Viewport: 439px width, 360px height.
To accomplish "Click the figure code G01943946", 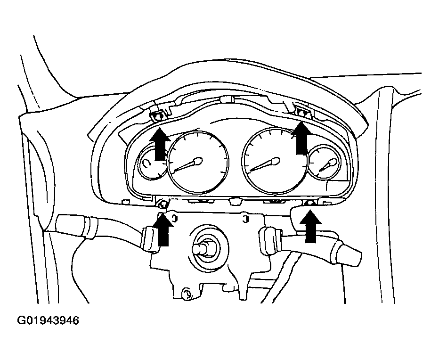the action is pyautogui.click(x=48, y=320).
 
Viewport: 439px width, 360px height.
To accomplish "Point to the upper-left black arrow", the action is pyautogui.click(x=160, y=144).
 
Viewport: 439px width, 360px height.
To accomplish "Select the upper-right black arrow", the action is pyautogui.click(x=301, y=138).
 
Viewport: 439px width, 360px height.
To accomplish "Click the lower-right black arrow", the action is pyautogui.click(x=310, y=226).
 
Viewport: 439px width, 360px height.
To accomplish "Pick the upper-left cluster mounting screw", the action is pyautogui.click(x=158, y=115).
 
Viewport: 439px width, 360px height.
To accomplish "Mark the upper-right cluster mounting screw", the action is pyautogui.click(x=302, y=113).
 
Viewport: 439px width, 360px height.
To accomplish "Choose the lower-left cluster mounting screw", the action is pyautogui.click(x=162, y=205).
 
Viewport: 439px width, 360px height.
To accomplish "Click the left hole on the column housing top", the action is pyautogui.click(x=174, y=218).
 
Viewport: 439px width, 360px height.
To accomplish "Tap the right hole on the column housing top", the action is pyautogui.click(x=245, y=219).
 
